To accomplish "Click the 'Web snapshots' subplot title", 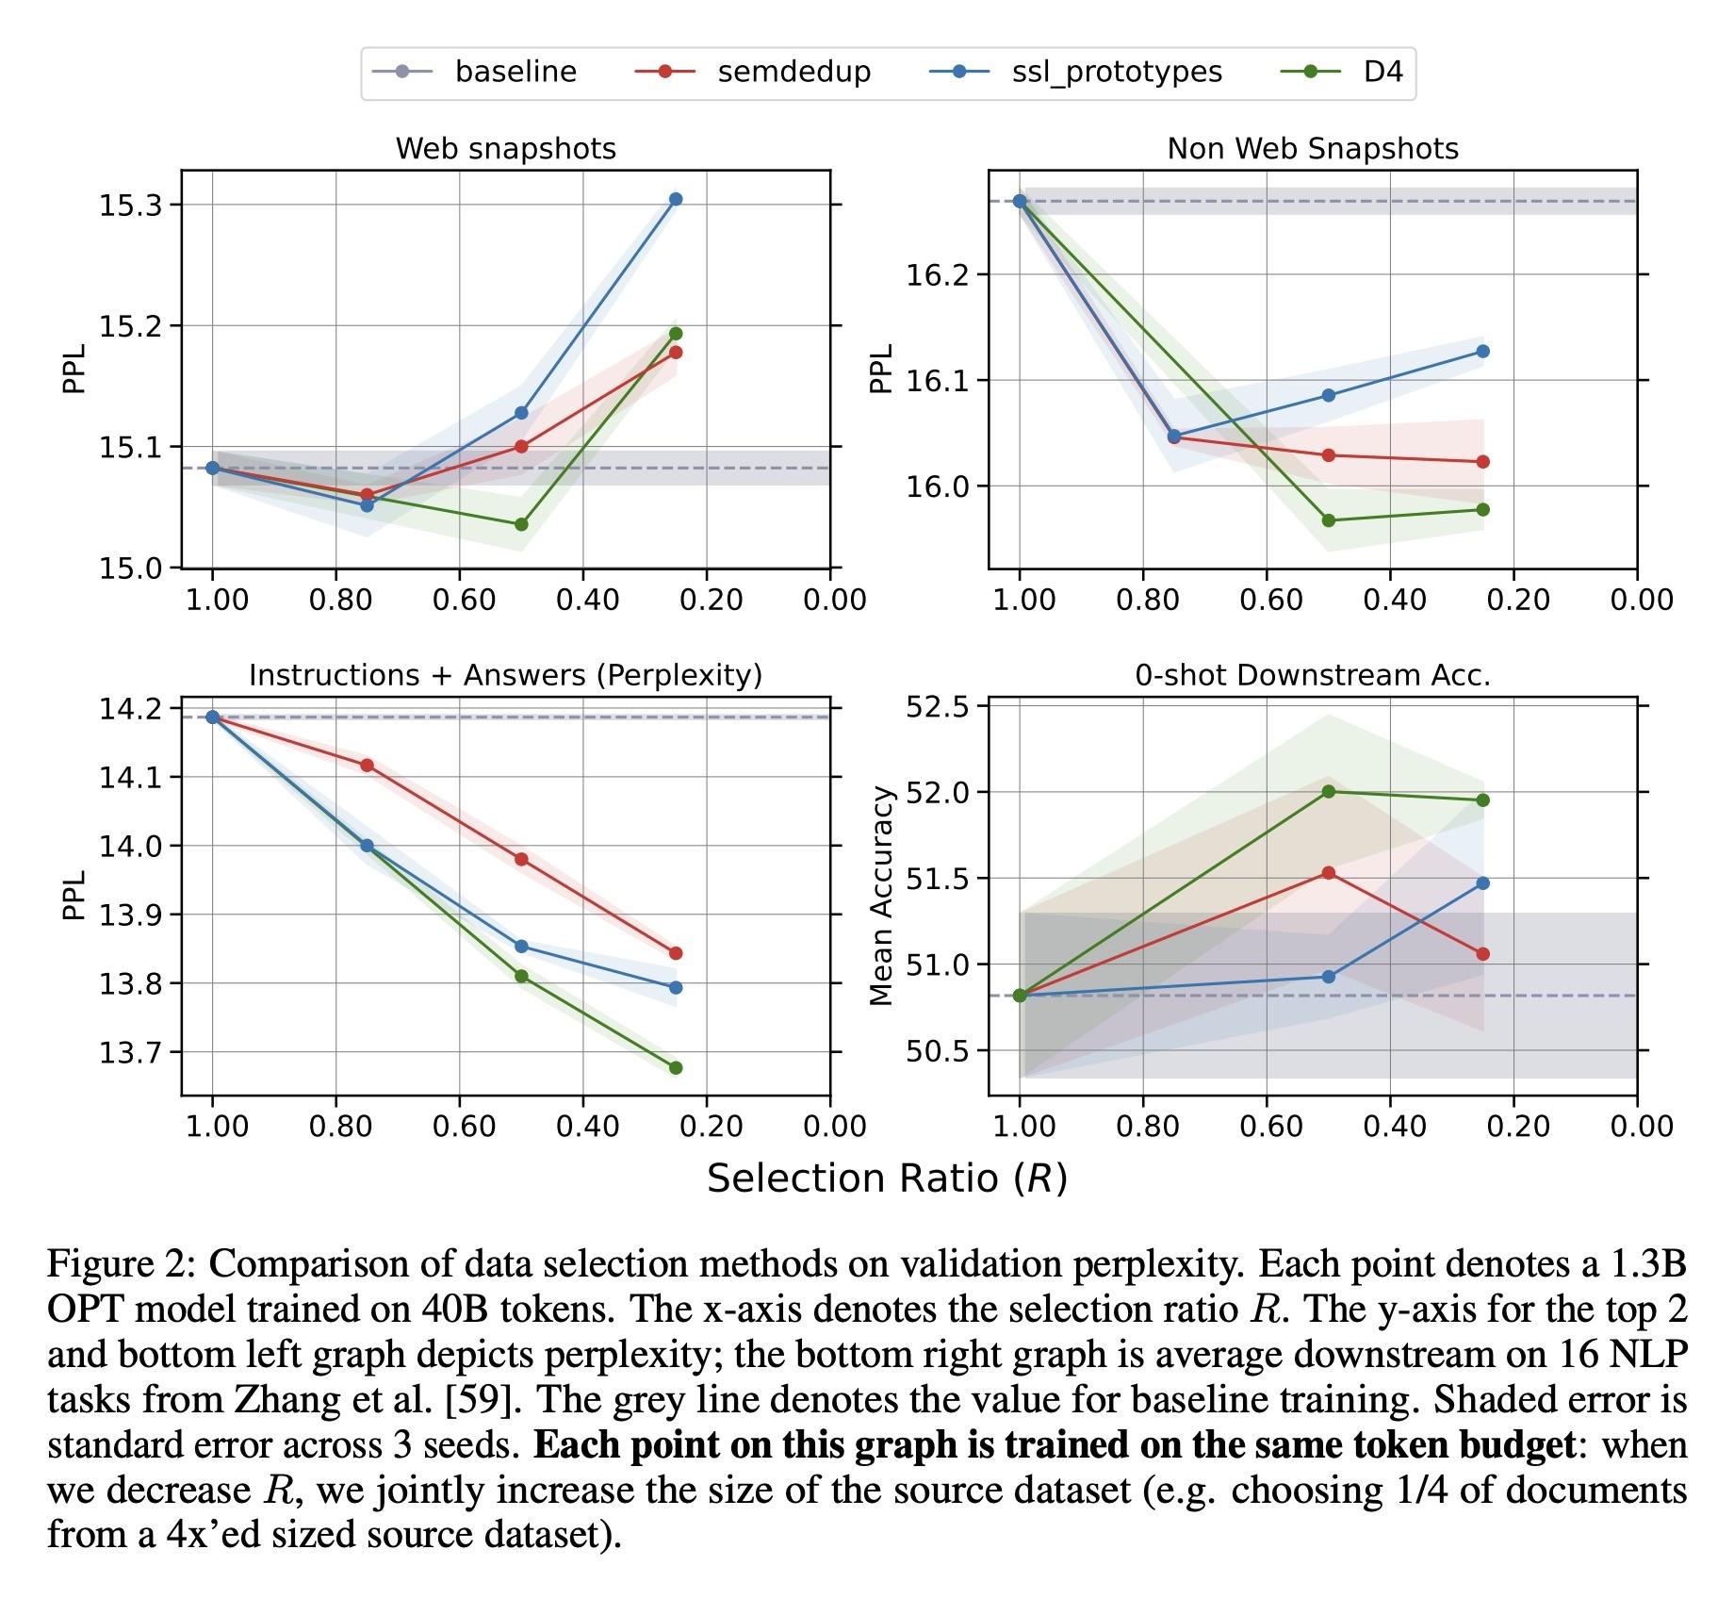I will [x=505, y=149].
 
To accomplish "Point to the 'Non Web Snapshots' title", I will [x=1312, y=149].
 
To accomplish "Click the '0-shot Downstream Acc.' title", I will [x=1312, y=675].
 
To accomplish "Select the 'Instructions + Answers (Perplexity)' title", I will [x=505, y=675].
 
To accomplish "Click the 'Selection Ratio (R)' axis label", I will [x=887, y=1179].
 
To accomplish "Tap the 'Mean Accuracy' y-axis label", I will [x=882, y=897].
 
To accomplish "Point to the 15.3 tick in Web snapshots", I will [x=129, y=205].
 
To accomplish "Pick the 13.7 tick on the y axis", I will [x=129, y=1052].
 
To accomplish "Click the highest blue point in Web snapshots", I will [x=676, y=199].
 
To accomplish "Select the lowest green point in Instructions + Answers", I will [x=676, y=1067].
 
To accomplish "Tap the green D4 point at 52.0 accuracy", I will [x=1329, y=791].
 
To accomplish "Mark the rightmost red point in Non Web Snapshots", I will [x=1483, y=462].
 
